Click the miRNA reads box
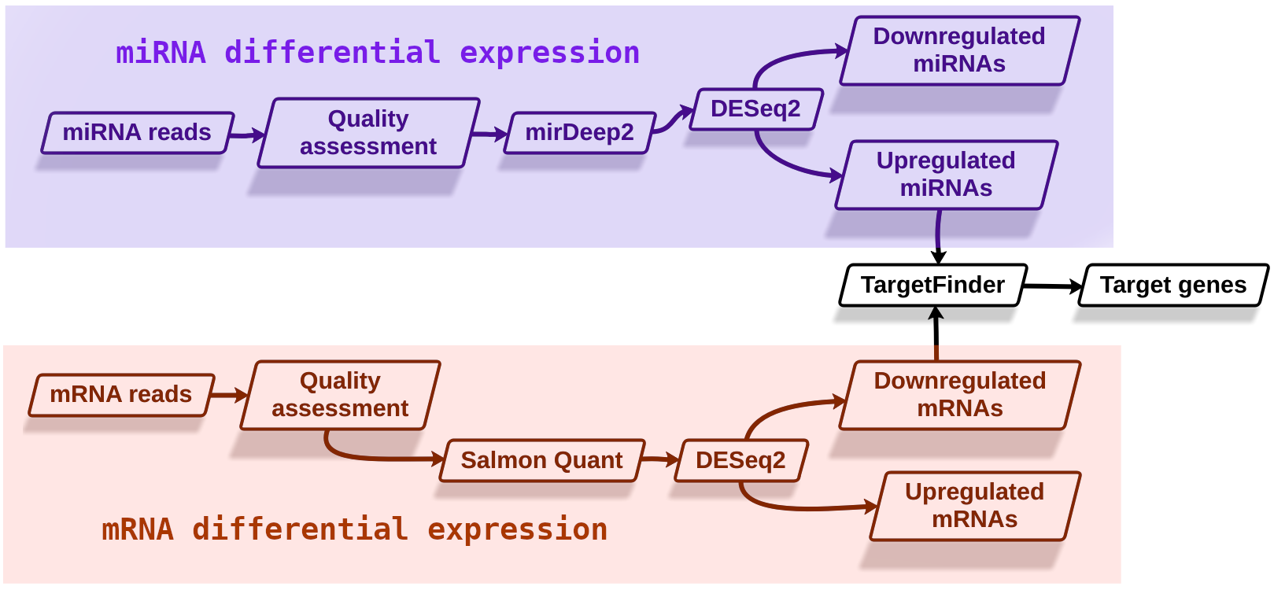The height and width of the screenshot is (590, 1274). [138, 133]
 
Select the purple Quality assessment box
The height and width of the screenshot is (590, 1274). [368, 133]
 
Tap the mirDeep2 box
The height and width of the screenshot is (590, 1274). [580, 133]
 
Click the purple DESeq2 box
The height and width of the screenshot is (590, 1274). [756, 109]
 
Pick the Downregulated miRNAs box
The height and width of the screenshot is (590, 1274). [959, 50]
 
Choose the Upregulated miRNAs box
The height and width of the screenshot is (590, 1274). [947, 175]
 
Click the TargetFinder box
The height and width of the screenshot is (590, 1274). [932, 286]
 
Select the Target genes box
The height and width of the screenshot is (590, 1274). [1173, 286]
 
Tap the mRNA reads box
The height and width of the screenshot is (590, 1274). [121, 395]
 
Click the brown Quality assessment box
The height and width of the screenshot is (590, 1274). [340, 395]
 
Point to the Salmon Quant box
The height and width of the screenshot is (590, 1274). [542, 460]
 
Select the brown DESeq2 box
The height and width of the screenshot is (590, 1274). [740, 460]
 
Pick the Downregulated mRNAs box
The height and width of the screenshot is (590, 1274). [960, 395]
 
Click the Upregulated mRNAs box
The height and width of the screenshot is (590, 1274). [975, 506]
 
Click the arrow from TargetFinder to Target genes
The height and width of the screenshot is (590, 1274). [1053, 286]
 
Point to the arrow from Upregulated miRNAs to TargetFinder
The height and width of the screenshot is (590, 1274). [938, 237]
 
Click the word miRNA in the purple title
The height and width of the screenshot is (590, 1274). [161, 53]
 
